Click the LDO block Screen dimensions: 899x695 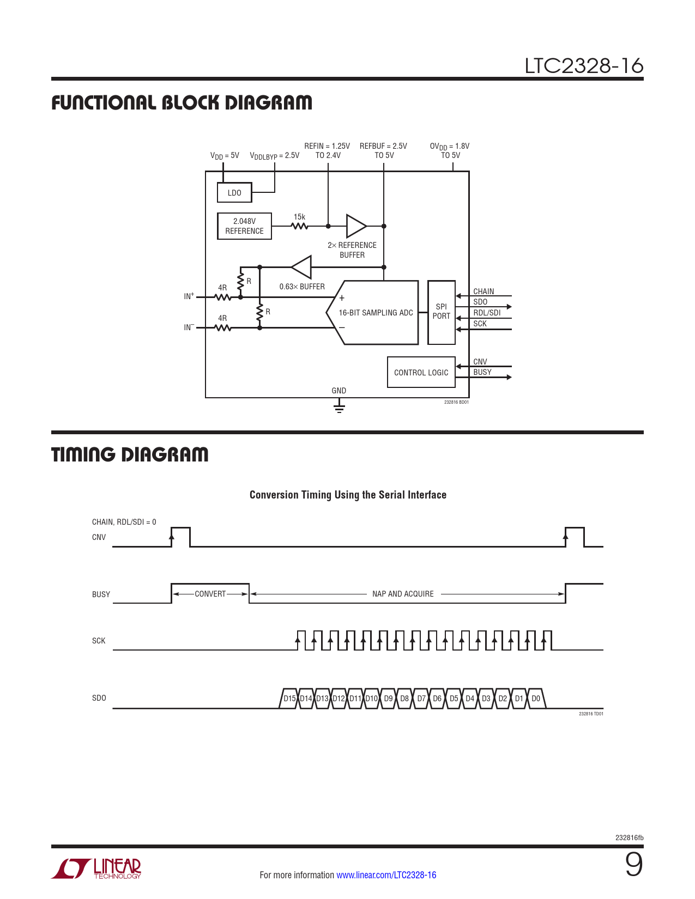(x=234, y=192)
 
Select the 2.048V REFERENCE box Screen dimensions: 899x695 (x=244, y=226)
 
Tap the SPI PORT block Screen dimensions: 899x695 (x=442, y=312)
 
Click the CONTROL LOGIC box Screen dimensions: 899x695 (x=421, y=373)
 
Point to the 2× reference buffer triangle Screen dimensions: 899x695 (x=356, y=226)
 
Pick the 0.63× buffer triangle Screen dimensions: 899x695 (x=302, y=267)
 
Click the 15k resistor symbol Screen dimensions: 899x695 (x=299, y=226)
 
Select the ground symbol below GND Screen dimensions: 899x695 (x=339, y=407)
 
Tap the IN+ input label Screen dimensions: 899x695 (x=189, y=296)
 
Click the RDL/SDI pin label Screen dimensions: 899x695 (x=487, y=313)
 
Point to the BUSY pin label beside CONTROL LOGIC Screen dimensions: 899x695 (x=482, y=372)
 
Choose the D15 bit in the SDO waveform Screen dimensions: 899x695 (x=289, y=698)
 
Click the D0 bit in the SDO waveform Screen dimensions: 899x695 (x=536, y=698)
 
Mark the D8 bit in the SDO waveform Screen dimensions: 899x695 (x=404, y=698)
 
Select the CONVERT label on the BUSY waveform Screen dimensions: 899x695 (x=210, y=594)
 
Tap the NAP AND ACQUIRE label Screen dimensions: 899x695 (x=403, y=594)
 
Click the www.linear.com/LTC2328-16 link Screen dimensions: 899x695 (x=386, y=875)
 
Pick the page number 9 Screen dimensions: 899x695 (x=633, y=865)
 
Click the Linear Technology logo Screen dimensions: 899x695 (x=96, y=868)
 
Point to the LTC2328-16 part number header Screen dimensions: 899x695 (x=584, y=66)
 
